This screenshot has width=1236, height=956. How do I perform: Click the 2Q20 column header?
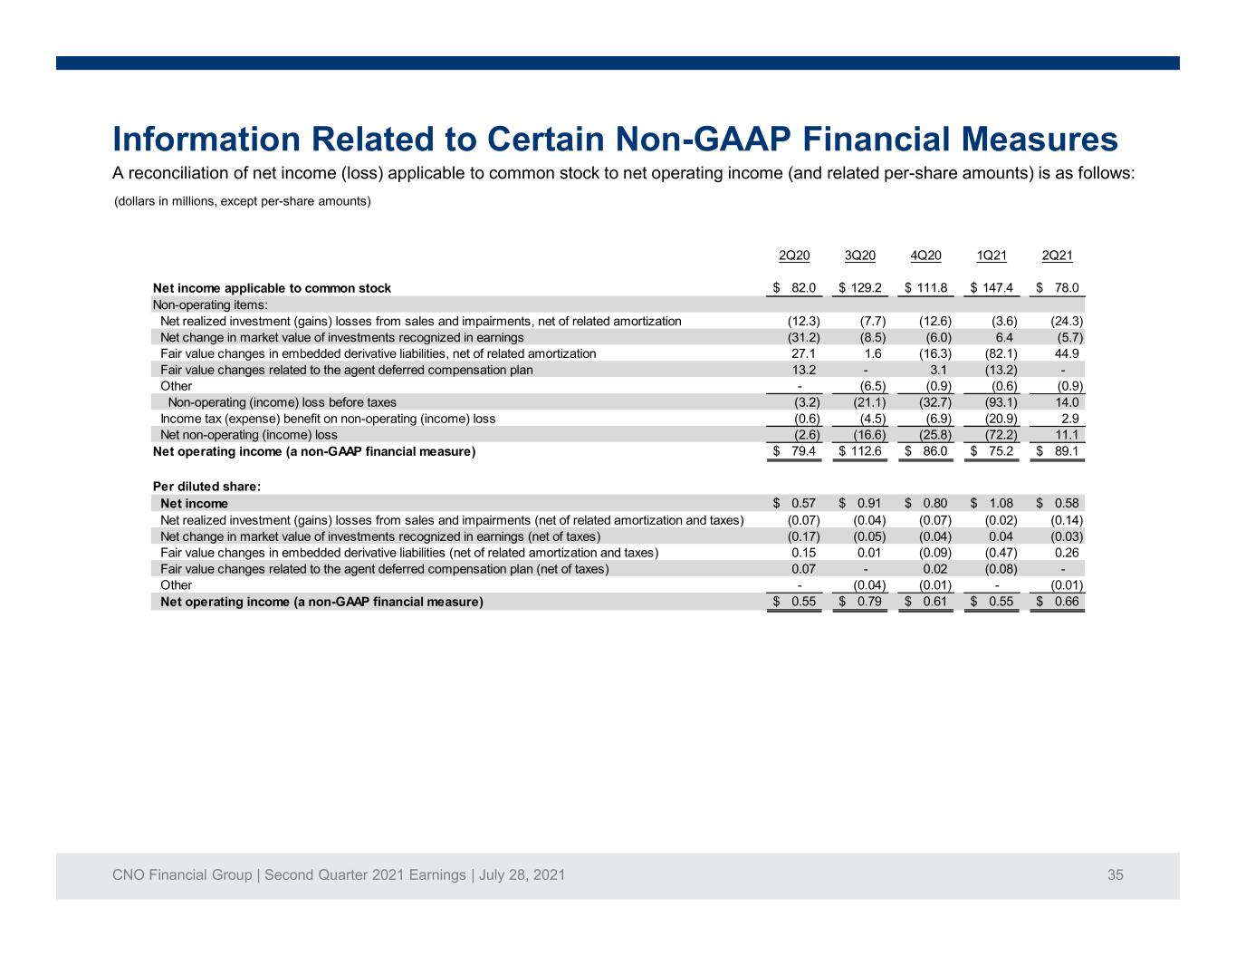[794, 256]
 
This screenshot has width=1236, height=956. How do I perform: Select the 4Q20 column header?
[925, 256]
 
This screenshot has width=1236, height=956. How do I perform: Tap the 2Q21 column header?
[1057, 256]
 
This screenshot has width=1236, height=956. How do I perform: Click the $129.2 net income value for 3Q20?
[859, 288]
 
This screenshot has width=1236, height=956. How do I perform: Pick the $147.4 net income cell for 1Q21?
[992, 288]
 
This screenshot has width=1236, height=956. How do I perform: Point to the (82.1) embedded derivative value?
[1001, 353]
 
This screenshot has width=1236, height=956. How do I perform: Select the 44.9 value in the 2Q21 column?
[1067, 353]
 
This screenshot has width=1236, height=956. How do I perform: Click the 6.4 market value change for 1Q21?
[1004, 337]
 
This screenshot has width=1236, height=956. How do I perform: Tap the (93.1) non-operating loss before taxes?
[1001, 402]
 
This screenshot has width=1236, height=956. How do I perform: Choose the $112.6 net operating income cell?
[859, 451]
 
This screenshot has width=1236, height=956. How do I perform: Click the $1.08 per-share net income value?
[992, 503]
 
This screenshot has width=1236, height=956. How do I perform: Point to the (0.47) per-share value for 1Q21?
[1001, 553]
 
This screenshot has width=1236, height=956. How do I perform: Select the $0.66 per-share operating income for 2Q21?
[1057, 602]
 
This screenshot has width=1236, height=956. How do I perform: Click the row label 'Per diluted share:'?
[206, 487]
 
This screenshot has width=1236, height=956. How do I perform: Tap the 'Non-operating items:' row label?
[210, 305]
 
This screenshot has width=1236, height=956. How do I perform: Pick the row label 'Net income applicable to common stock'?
[272, 288]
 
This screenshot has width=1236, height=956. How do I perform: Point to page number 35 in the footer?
[1115, 874]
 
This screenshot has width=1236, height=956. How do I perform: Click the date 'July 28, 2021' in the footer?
[522, 874]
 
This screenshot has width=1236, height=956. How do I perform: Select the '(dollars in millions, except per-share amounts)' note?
[243, 201]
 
